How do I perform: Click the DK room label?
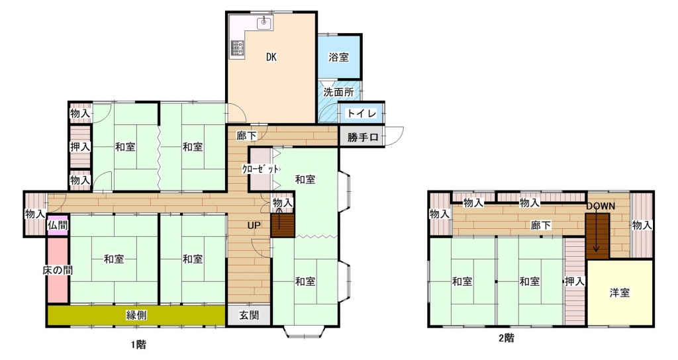(x=271, y=57)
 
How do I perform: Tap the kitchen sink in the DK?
(x=264, y=22)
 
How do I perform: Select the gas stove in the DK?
(x=238, y=48)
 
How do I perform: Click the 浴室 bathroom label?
(x=338, y=57)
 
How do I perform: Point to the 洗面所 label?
(x=339, y=92)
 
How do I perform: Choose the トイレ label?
(x=362, y=113)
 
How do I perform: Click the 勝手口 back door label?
(x=363, y=138)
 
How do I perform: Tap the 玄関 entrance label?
(x=249, y=315)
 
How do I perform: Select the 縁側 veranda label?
(x=136, y=315)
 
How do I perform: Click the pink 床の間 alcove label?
(x=58, y=270)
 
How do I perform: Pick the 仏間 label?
(x=58, y=225)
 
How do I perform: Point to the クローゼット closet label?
(x=260, y=169)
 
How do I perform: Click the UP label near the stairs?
(x=254, y=225)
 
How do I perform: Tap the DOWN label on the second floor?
(x=601, y=206)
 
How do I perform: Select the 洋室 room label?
(x=620, y=292)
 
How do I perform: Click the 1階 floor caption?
(x=138, y=344)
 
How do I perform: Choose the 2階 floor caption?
(x=507, y=337)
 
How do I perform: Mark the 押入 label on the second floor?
(x=575, y=281)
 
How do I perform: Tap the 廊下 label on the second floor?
(x=541, y=225)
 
